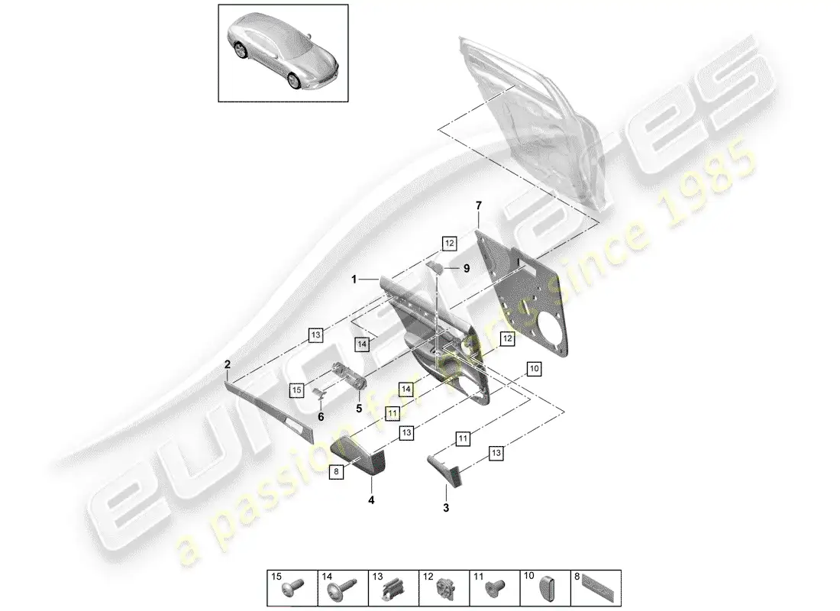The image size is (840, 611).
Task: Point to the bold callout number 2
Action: click(x=228, y=365)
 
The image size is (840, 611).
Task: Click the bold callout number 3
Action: click(x=447, y=507)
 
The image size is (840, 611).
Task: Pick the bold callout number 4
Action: click(x=372, y=501)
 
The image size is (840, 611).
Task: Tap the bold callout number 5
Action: click(x=359, y=408)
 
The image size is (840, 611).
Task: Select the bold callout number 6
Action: click(x=321, y=416)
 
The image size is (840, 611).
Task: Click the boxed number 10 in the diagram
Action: click(x=533, y=369)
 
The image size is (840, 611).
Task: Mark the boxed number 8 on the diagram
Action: click(x=336, y=473)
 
